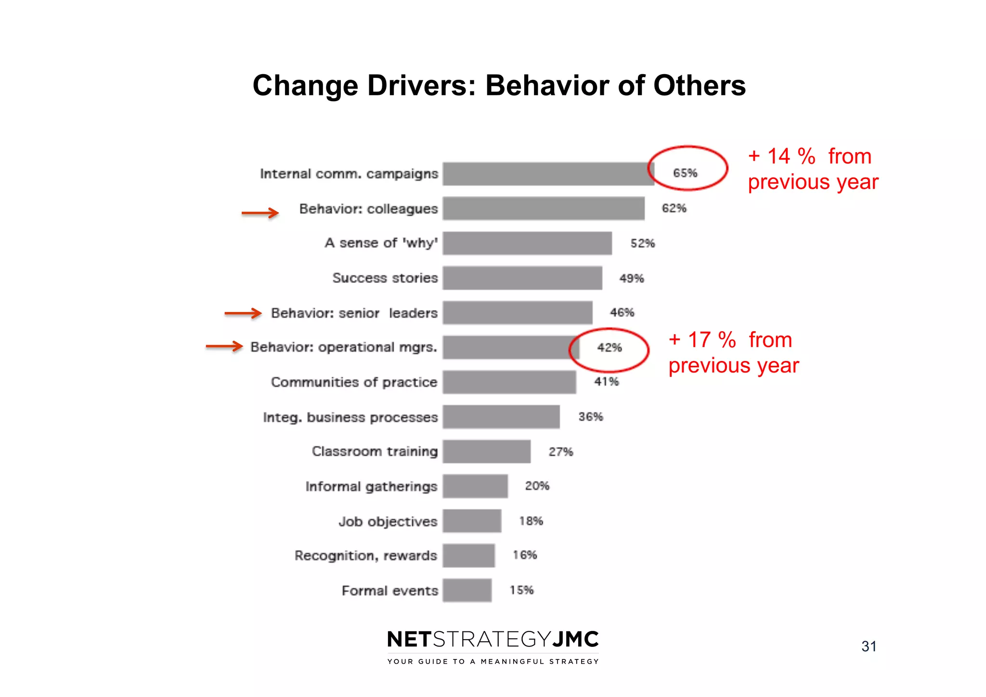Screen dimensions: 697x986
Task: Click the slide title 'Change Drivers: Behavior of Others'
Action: (499, 86)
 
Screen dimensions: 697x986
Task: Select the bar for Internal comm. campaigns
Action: (548, 174)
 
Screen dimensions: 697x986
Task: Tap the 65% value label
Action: (685, 173)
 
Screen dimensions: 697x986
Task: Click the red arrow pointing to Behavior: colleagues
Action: (260, 213)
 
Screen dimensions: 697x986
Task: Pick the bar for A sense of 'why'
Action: (527, 243)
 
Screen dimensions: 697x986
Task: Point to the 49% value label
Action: (631, 278)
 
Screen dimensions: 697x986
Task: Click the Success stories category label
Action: (385, 278)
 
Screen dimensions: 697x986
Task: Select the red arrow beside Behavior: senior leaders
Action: (243, 313)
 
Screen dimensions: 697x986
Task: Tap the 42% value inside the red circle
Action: (610, 348)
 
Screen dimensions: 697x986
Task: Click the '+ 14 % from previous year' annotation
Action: (813, 169)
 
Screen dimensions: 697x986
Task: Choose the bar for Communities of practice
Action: (509, 382)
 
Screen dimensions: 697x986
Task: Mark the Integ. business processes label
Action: (350, 417)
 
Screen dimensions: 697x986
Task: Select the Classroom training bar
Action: (487, 452)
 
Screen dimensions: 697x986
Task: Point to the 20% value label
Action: (537, 486)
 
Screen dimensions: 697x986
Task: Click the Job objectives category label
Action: (388, 521)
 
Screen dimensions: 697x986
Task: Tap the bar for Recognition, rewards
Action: (468, 555)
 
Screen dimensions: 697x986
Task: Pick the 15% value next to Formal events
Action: (521, 590)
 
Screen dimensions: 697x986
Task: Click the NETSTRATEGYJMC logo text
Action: (493, 640)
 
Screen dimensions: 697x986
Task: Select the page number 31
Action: (869, 646)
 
